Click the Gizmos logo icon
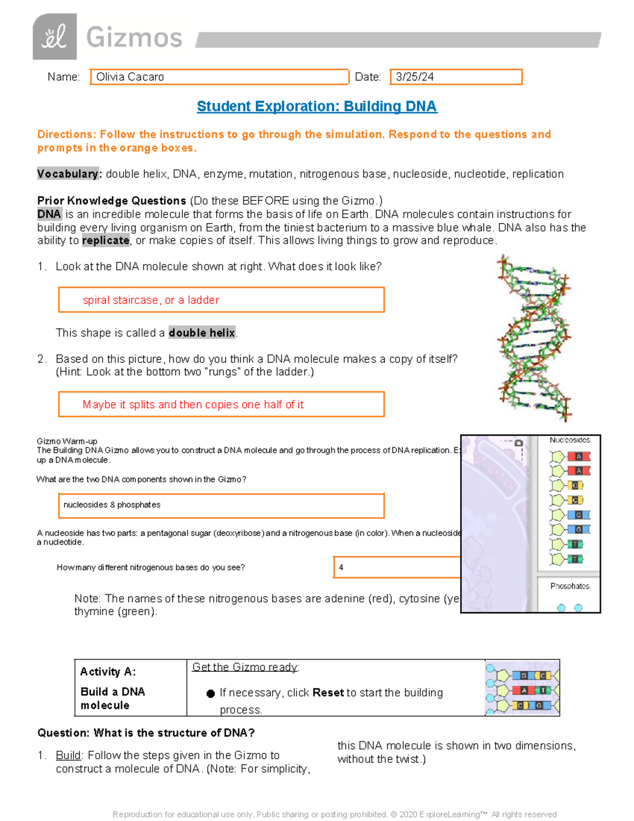click(54, 36)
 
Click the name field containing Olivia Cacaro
click(219, 77)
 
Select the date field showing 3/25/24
click(456, 77)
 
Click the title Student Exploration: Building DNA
click(316, 106)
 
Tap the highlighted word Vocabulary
click(68, 174)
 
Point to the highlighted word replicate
click(106, 241)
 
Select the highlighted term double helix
click(202, 333)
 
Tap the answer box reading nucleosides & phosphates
click(221, 505)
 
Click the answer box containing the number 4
click(396, 567)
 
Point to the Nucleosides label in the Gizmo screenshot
click(570, 440)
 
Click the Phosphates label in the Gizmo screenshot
click(570, 586)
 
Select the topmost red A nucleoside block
click(579, 456)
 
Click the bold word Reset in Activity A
click(328, 693)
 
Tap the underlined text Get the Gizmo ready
click(246, 667)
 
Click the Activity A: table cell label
click(108, 672)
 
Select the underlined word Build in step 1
click(68, 755)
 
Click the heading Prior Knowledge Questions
click(111, 201)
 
